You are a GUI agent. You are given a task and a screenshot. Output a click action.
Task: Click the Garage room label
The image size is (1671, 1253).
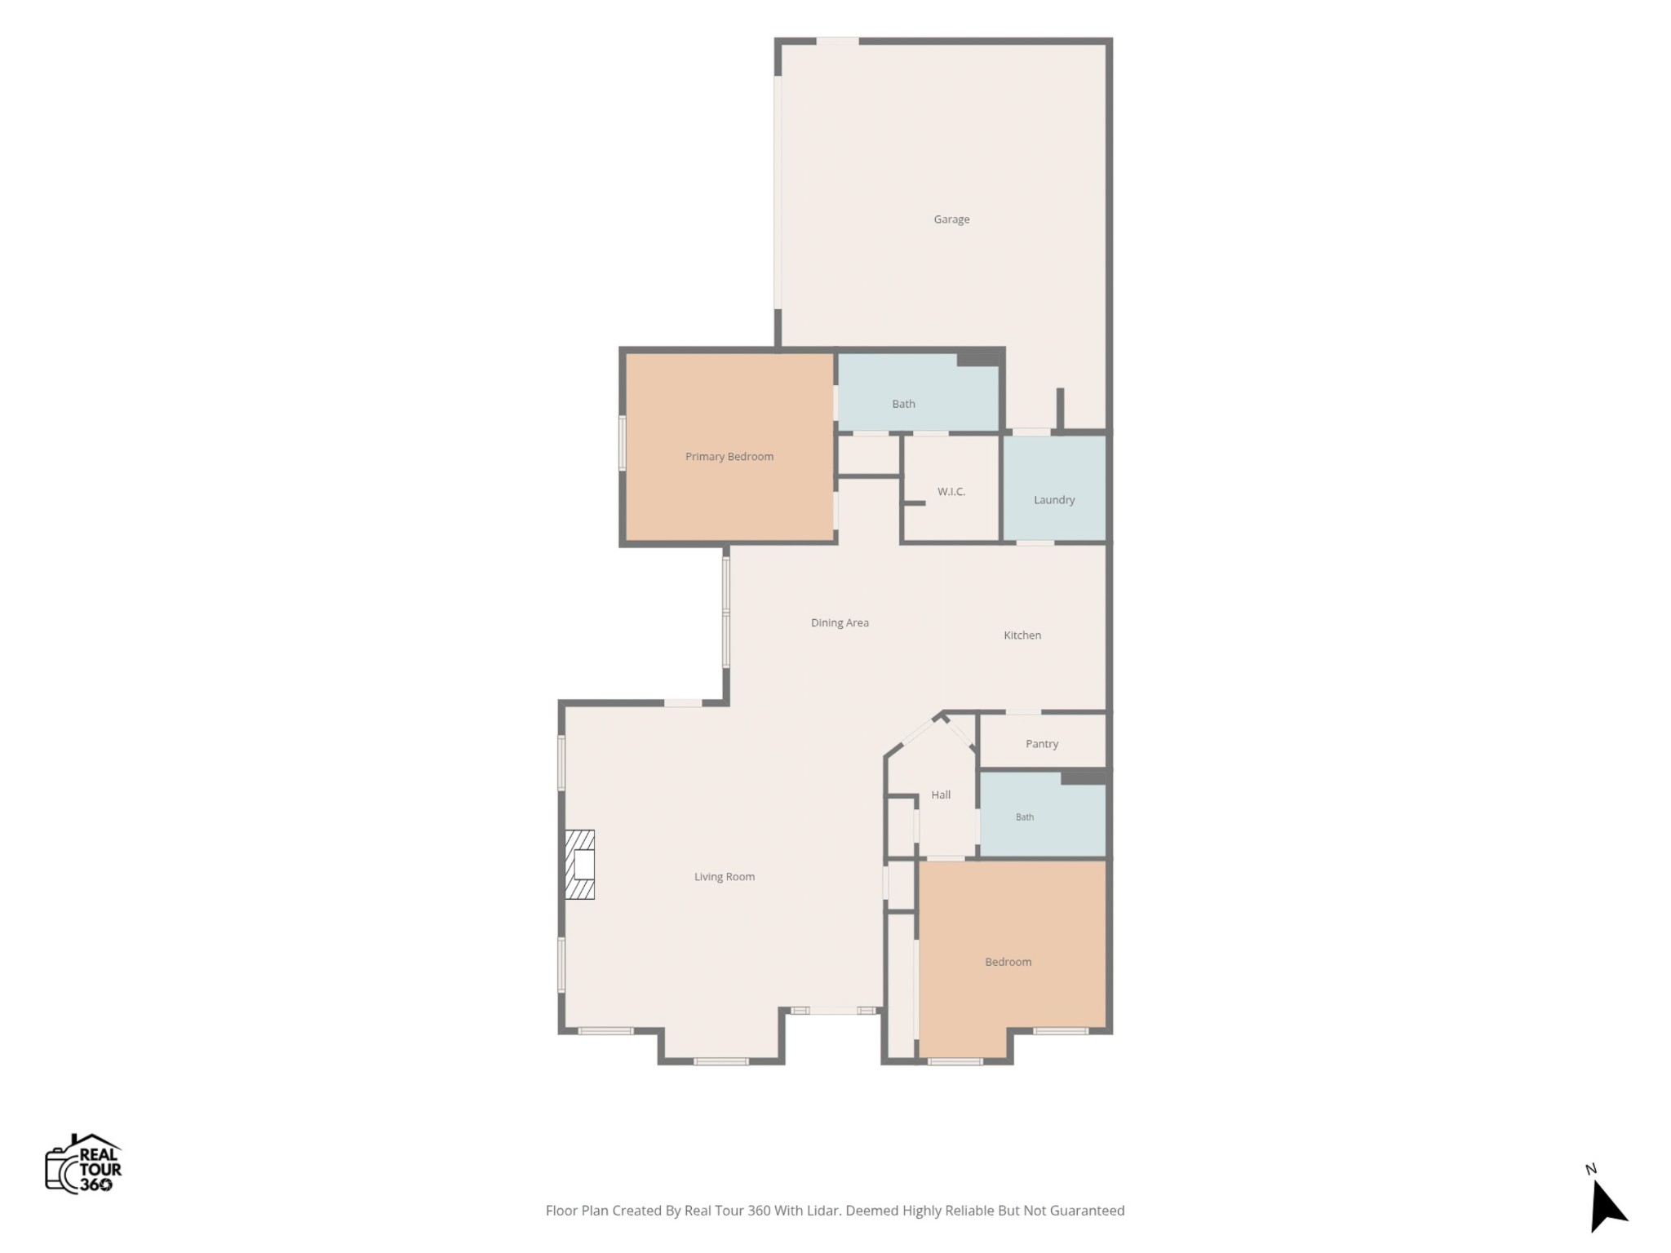click(x=951, y=219)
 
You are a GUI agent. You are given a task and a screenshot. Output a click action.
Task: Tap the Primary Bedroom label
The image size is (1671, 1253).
click(x=729, y=457)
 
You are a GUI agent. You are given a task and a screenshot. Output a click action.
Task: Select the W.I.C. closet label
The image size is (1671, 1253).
click(x=951, y=492)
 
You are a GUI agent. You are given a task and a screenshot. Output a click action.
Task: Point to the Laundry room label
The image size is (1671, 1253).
click(x=1054, y=500)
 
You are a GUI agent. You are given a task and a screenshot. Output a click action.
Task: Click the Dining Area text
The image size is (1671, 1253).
click(x=840, y=623)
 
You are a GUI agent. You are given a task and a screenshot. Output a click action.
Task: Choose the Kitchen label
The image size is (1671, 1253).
click(x=1022, y=635)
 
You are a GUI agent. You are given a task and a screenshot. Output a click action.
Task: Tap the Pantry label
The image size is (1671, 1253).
click(x=1042, y=744)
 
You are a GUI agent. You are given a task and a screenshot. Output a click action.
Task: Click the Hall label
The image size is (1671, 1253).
click(x=941, y=795)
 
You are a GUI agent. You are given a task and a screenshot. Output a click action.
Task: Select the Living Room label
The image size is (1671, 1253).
click(x=725, y=877)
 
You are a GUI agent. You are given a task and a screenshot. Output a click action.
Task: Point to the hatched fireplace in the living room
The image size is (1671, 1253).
click(x=580, y=865)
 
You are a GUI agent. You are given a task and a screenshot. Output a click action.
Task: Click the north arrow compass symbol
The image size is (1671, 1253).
click(x=1607, y=1207)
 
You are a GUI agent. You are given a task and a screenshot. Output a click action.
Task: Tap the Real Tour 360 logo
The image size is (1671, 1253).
click(x=83, y=1164)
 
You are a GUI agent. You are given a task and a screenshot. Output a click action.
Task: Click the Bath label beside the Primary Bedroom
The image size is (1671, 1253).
click(x=903, y=404)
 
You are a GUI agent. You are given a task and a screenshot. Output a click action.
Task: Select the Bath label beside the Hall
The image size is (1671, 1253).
click(x=1025, y=817)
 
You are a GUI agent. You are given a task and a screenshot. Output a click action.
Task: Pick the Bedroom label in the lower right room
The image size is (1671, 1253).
click(x=1008, y=963)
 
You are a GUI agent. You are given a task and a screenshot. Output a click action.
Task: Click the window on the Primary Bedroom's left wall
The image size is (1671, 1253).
click(x=622, y=443)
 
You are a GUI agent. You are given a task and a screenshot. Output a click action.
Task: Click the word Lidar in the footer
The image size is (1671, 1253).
click(x=823, y=1211)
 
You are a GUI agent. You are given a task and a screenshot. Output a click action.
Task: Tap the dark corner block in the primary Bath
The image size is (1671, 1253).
click(x=978, y=357)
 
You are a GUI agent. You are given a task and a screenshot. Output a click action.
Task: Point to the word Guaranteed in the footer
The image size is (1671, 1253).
click(x=1087, y=1211)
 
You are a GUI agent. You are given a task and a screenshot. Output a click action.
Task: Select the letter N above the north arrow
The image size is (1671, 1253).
click(x=1590, y=1169)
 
